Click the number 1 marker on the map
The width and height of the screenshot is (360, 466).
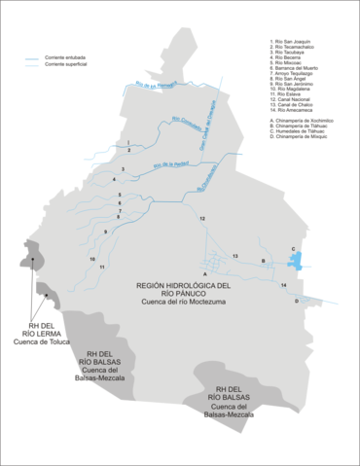coord(127,142)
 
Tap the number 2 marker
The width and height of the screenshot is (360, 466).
coord(127,152)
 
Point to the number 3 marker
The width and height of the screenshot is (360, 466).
coord(123,167)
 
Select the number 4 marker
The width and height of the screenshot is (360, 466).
coord(114,181)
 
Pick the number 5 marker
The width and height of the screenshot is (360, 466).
coord(120,197)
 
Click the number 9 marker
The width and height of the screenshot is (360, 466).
coord(104,232)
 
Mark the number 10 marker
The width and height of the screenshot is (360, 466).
coord(92,260)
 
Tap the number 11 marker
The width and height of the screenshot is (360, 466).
coord(101,267)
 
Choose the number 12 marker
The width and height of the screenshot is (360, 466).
coord(202,221)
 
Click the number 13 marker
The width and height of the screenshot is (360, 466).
coord(235,255)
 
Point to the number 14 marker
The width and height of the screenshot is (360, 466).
coord(283,284)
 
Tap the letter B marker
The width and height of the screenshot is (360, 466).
coord(264,261)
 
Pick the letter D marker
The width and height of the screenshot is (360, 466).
coord(297,302)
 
